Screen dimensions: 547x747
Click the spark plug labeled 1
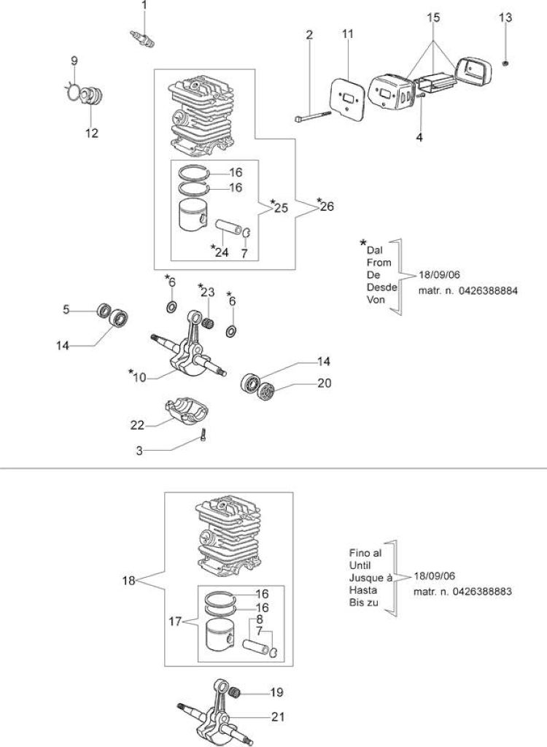coord(142,39)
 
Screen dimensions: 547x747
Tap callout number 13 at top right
coord(505,18)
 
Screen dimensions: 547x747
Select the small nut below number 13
coord(506,63)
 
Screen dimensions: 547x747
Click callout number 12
coord(91,133)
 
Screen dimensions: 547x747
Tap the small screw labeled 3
coord(203,436)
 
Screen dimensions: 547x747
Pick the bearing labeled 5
coord(104,311)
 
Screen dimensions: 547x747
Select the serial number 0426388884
coord(488,290)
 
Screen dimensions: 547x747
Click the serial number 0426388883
coord(483,591)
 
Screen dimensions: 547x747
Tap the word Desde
coord(381,287)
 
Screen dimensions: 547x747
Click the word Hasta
coord(360,589)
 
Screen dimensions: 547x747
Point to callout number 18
coord(128,581)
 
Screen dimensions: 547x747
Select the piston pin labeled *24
coord(229,225)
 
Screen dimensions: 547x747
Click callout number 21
coord(278,716)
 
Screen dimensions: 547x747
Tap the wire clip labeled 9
coord(72,90)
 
